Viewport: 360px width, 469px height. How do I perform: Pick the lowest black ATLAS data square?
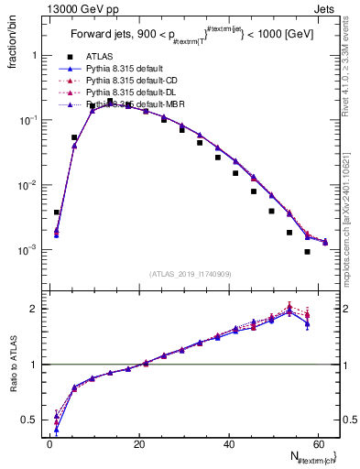(x=307, y=252)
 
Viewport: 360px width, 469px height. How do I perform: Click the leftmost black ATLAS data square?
(x=57, y=212)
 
